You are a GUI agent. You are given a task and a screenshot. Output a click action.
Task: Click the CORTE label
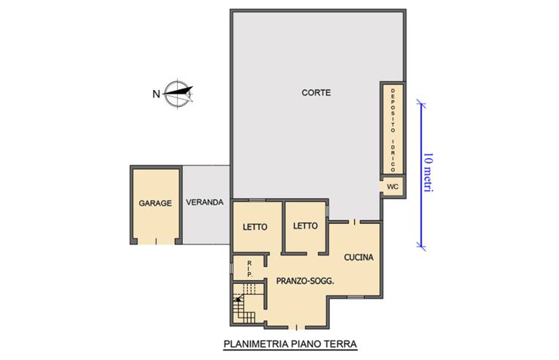click(316, 93)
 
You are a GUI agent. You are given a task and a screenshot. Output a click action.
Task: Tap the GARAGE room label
click(155, 203)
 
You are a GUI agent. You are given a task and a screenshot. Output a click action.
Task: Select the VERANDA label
click(205, 202)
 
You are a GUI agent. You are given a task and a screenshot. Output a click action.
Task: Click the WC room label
click(392, 187)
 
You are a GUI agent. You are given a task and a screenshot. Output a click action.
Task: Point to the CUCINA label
click(359, 257)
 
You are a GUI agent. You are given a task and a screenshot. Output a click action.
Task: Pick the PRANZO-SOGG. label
click(305, 281)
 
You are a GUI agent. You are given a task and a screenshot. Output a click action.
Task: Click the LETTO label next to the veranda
click(255, 227)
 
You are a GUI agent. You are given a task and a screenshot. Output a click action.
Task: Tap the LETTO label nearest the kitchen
click(306, 226)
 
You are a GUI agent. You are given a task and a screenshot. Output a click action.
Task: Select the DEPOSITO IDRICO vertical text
click(393, 130)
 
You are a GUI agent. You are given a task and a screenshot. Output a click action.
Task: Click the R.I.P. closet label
click(250, 269)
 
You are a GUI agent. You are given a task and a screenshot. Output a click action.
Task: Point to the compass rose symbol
click(179, 93)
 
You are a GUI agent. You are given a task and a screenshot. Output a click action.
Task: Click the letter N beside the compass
click(156, 94)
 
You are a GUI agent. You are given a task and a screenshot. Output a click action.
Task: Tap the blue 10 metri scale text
click(428, 173)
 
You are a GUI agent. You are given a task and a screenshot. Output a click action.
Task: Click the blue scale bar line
click(421, 175)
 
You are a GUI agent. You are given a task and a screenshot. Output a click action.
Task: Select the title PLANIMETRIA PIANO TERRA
click(290, 344)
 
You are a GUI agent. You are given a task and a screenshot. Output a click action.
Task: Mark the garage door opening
click(156, 241)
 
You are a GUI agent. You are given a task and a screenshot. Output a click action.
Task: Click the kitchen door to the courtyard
click(354, 222)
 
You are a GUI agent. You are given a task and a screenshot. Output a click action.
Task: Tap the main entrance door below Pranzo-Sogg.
click(296, 327)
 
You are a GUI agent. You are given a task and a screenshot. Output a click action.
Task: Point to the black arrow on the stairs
click(238, 299)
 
